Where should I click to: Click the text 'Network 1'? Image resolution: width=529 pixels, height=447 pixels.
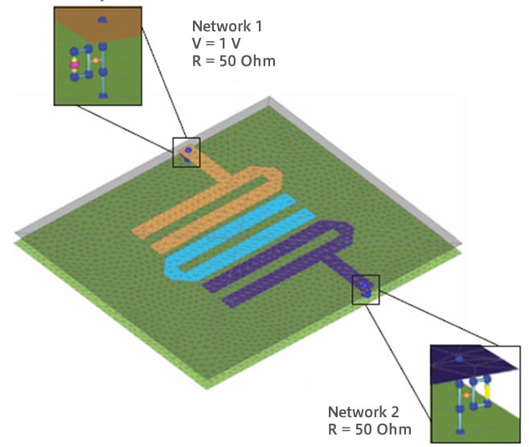[227, 25]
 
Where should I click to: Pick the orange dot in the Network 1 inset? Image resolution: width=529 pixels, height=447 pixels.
[96, 60]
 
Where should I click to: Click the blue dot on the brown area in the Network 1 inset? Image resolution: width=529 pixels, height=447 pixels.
[102, 18]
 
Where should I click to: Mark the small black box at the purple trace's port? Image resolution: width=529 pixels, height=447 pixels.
[365, 288]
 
